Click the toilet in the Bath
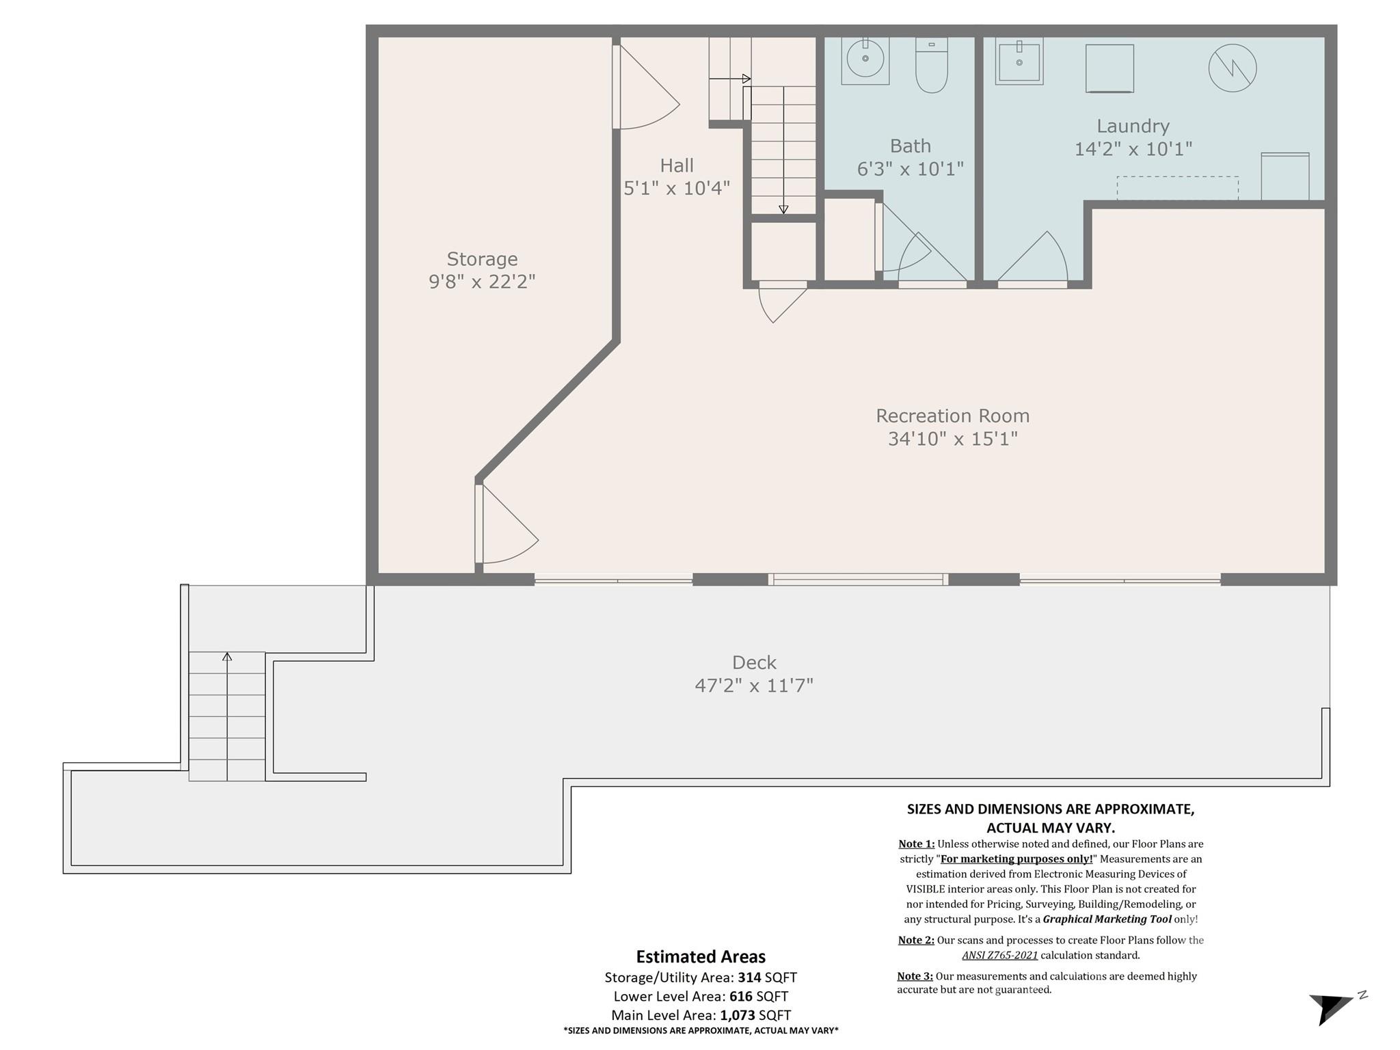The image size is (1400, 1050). [931, 67]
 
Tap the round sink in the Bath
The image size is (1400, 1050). [865, 59]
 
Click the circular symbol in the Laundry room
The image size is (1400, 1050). [1232, 68]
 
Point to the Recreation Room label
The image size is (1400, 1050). [952, 416]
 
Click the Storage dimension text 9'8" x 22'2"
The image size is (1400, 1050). [482, 282]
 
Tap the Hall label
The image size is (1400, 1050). [677, 165]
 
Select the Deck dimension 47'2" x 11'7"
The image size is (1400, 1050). [754, 685]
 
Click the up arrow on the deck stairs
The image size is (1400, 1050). [227, 657]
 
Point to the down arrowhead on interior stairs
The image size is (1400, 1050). [783, 210]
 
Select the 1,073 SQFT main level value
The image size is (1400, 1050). [755, 1015]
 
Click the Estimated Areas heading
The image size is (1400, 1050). [701, 956]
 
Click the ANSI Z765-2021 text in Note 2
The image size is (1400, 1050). [999, 955]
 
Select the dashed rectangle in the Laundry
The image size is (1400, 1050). [1177, 188]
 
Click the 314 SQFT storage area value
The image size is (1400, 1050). [767, 978]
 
